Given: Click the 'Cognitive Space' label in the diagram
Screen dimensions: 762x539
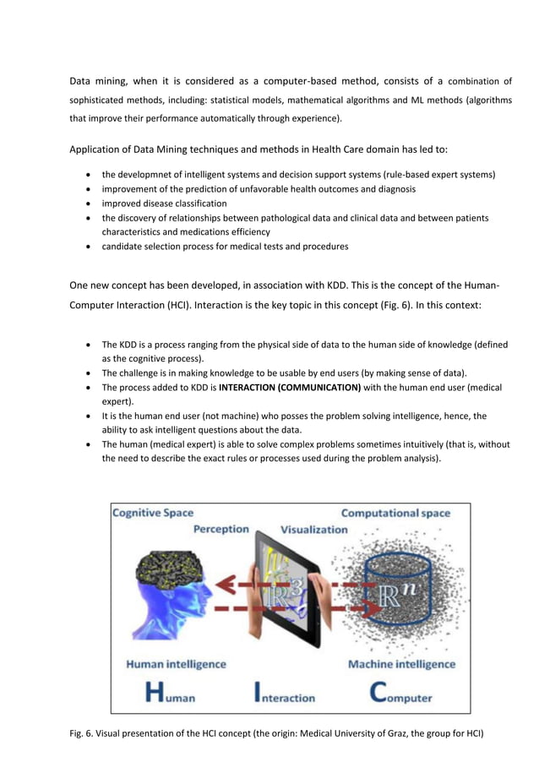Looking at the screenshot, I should pyautogui.click(x=153, y=513).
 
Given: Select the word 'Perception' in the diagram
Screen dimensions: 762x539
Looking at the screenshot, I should pyautogui.click(x=220, y=530).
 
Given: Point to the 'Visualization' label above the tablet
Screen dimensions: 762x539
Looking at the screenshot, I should pyautogui.click(x=313, y=530).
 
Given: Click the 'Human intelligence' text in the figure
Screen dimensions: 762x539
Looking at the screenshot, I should pyautogui.click(x=176, y=664).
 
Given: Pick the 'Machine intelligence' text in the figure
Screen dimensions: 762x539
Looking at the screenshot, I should pyautogui.click(x=401, y=664).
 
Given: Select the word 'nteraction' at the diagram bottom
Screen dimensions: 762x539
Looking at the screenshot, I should pyautogui.click(x=287, y=698).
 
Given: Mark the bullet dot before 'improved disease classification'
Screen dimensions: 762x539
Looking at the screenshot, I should pyautogui.click(x=90, y=204).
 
